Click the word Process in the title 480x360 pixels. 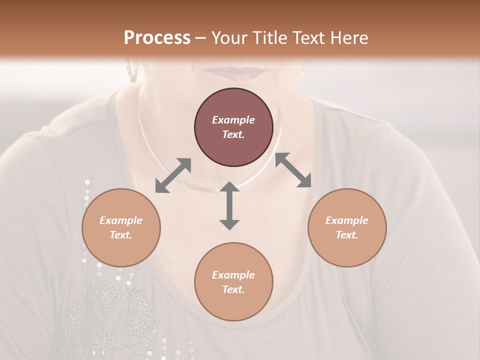(x=157, y=38)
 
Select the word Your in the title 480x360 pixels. (x=228, y=38)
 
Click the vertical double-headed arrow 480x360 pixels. (x=229, y=205)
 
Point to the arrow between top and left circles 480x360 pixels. (x=173, y=175)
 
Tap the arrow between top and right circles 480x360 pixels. (x=293, y=170)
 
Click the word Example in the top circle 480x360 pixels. (x=233, y=120)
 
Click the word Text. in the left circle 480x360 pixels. (x=121, y=235)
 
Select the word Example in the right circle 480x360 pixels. (x=347, y=220)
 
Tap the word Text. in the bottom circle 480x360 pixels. (x=233, y=289)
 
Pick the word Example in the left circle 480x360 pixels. (x=121, y=220)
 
